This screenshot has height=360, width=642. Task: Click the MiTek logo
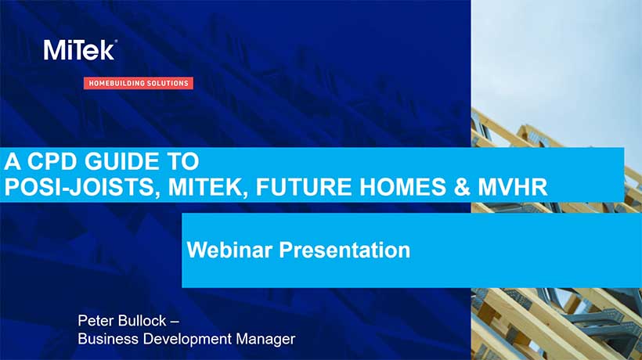(80, 50)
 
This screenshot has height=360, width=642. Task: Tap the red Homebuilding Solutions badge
(139, 83)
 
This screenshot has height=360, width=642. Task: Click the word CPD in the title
(52, 161)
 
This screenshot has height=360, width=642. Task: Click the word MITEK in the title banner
(208, 187)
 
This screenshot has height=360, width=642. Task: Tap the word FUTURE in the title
(304, 187)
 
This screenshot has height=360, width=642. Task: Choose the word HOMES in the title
(403, 187)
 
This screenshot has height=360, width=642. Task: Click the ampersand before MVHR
(462, 187)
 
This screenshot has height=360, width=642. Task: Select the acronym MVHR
(512, 187)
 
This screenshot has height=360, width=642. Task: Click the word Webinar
(229, 250)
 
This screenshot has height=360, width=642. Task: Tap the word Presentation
(344, 250)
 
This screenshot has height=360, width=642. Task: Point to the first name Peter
(93, 320)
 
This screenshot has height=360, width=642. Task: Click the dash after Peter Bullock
(174, 321)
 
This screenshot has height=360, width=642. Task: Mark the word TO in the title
(183, 161)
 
